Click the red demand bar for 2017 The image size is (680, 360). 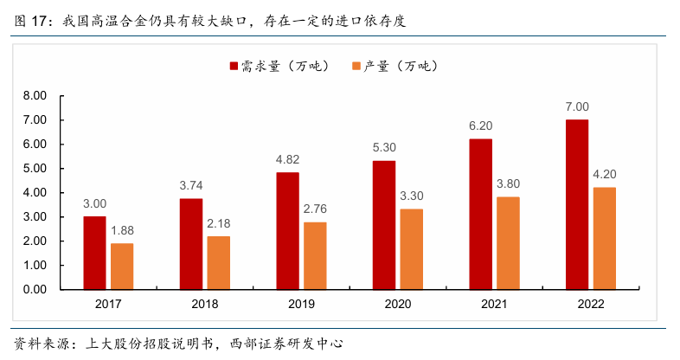(x=95, y=252)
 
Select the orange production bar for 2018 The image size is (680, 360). (x=219, y=262)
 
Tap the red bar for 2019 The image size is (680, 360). (x=287, y=230)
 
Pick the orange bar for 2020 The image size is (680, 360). (x=412, y=248)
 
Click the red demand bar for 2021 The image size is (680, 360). (x=480, y=213)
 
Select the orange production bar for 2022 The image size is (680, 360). (x=605, y=238)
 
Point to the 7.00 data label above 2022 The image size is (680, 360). (x=577, y=106)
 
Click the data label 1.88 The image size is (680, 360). (x=122, y=230)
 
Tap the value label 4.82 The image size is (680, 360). (x=287, y=159)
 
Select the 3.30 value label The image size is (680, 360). (x=412, y=196)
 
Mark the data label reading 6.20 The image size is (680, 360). (x=480, y=125)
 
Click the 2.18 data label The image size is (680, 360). (x=219, y=223)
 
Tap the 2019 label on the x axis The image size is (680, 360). (x=301, y=304)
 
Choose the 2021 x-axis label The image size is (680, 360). (x=494, y=304)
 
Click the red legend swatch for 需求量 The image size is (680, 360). (x=234, y=67)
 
